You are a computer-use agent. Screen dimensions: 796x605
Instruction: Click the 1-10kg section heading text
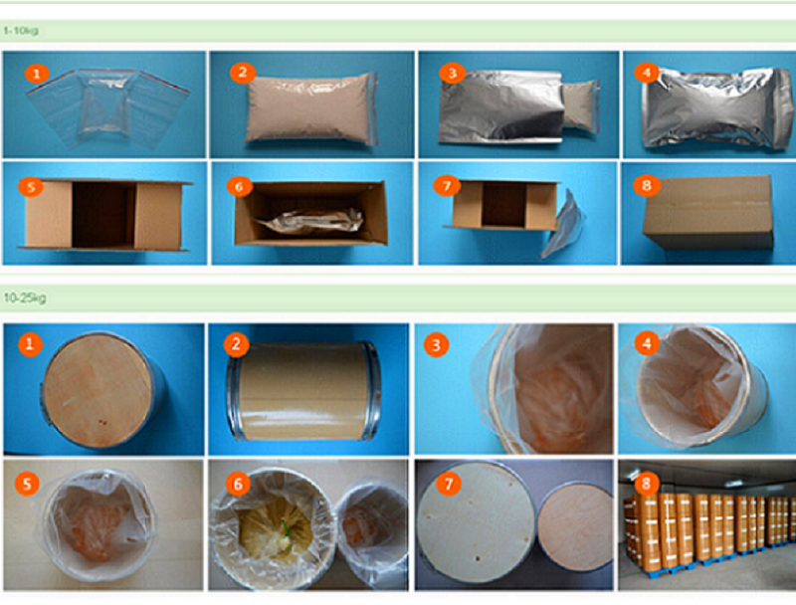pyautogui.click(x=20, y=31)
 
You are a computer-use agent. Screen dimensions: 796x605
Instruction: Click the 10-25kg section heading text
pyautogui.click(x=24, y=298)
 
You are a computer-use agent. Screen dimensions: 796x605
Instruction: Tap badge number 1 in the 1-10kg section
pyautogui.click(x=37, y=74)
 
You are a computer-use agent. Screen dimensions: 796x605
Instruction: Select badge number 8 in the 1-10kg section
pyautogui.click(x=646, y=186)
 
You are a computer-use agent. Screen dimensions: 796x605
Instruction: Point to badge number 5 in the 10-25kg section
pyautogui.click(x=27, y=484)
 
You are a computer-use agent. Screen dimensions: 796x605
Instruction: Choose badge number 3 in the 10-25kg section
pyautogui.click(x=436, y=345)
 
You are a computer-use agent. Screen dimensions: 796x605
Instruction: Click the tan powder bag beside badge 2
pyautogui.click(x=310, y=108)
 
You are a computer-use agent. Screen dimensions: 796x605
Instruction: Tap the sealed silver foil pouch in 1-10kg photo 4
pyautogui.click(x=716, y=107)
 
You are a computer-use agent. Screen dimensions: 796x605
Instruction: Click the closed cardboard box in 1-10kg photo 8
pyautogui.click(x=708, y=212)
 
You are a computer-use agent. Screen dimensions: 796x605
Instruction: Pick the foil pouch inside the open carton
pyautogui.click(x=310, y=221)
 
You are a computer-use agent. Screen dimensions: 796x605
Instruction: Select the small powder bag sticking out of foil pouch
pyautogui.click(x=581, y=105)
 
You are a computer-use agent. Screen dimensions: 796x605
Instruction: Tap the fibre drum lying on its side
pyautogui.click(x=304, y=390)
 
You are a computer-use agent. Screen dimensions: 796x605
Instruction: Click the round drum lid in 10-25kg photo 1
pyautogui.click(x=98, y=390)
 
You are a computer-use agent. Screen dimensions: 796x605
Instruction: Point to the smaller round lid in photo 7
pyautogui.click(x=576, y=526)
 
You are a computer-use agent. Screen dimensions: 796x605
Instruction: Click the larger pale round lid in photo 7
pyautogui.click(x=477, y=522)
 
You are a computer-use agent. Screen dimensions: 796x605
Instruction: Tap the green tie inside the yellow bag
pyautogui.click(x=288, y=534)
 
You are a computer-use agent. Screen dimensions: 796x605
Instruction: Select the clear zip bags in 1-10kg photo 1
pyautogui.click(x=107, y=108)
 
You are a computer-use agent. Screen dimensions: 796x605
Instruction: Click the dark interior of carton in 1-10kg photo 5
pyautogui.click(x=103, y=215)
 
